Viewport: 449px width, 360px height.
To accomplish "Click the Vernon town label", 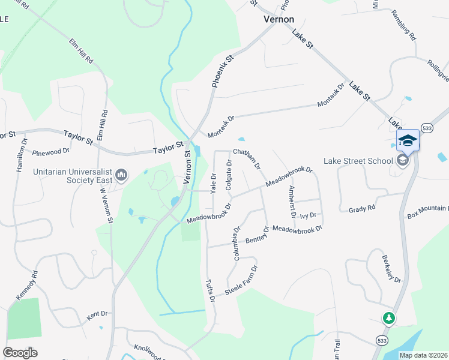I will click(279, 19).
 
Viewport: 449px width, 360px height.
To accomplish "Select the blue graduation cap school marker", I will click(408, 140).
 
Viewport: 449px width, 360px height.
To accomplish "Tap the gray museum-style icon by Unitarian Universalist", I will click(121, 175).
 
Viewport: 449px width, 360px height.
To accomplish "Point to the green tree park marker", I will click(389, 317).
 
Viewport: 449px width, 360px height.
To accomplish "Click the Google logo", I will click(20, 353).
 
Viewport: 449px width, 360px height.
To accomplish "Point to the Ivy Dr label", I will click(308, 215).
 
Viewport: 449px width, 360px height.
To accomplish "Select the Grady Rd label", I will click(362, 209).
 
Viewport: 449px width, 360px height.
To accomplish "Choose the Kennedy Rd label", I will click(27, 286).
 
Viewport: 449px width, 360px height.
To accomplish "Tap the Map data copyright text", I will click(424, 355).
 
